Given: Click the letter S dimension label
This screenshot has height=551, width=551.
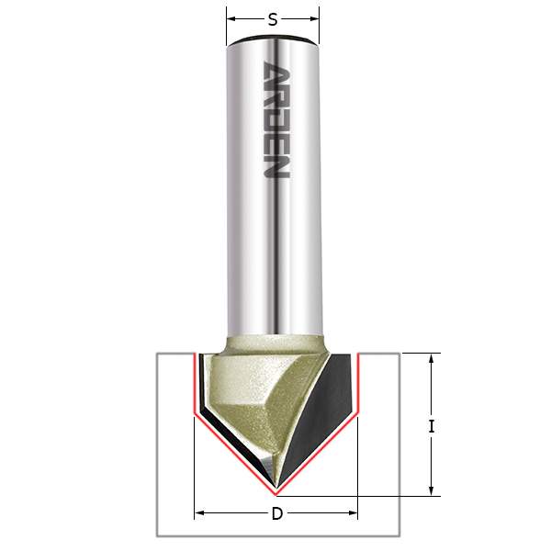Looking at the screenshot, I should click(273, 17).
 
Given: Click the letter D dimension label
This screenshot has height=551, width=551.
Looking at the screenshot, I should click(276, 513).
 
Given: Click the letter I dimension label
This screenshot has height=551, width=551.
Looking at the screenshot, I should click(431, 425).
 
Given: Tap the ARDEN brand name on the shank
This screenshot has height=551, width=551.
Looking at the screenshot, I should click(275, 120).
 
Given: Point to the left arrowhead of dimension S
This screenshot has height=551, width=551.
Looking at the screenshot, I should click(231, 17).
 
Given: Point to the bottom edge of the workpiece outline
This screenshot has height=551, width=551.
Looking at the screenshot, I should click(275, 535).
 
